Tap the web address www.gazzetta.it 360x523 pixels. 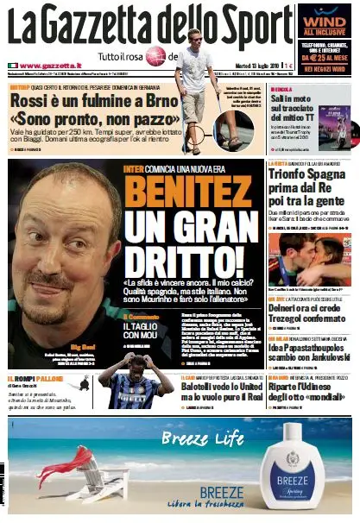[50, 66]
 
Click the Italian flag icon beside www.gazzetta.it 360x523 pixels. [13, 66]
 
